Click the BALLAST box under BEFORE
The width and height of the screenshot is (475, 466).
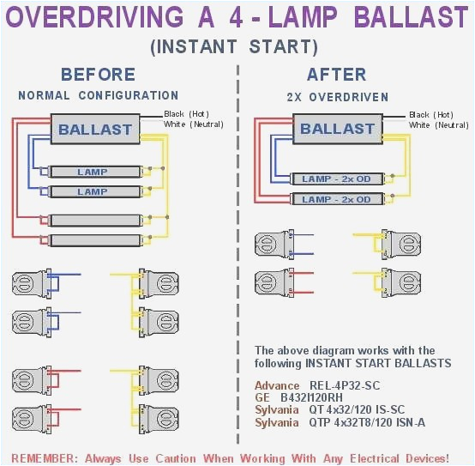point(94,130)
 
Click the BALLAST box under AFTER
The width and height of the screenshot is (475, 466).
point(337,129)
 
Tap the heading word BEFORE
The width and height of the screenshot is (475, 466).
point(98,75)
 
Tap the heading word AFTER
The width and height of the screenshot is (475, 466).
point(337,75)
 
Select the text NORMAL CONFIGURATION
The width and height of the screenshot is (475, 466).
point(98,95)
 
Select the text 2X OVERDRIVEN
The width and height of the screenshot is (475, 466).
point(337,97)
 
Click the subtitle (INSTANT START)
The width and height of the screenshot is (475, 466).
point(233,47)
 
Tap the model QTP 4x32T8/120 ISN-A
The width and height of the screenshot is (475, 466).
point(367,422)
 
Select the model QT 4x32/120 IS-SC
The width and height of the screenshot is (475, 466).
point(361,410)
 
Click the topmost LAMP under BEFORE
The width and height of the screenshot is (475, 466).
point(93,172)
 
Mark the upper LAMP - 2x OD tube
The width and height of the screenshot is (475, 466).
point(336,179)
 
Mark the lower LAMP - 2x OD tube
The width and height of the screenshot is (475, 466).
point(336,199)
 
